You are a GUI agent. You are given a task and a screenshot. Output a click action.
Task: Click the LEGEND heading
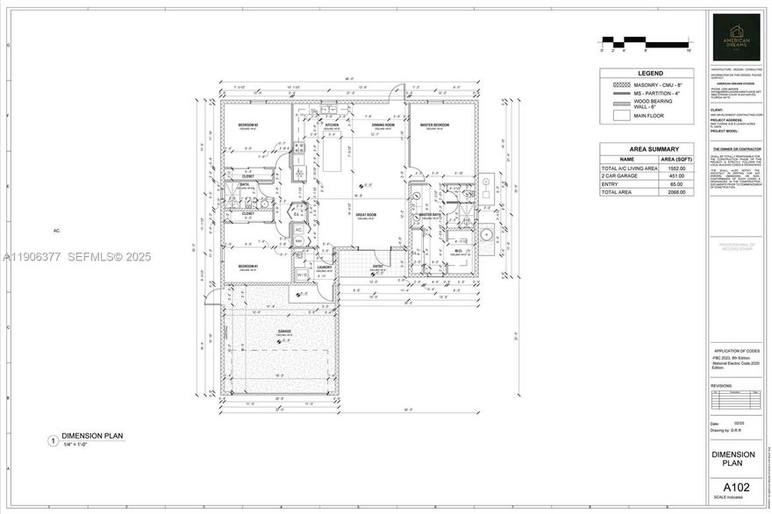coord(650,73)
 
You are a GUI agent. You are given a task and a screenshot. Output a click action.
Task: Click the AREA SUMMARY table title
coord(650,149)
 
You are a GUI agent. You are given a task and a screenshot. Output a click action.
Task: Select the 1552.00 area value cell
coord(675,168)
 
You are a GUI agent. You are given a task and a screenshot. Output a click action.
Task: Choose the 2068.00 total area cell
coord(675,191)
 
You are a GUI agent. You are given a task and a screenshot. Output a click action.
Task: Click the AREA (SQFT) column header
coord(675,160)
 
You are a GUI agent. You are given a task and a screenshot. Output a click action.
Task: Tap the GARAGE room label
coord(283,332)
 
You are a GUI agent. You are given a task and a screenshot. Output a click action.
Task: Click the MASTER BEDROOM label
coord(433,125)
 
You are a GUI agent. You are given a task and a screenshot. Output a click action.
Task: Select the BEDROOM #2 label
coord(247,125)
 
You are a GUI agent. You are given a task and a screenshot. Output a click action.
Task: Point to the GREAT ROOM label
coord(366,214)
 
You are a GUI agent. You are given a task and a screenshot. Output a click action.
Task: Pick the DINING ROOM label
coord(383,125)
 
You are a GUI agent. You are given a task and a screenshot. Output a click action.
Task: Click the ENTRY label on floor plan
coord(378,266)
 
